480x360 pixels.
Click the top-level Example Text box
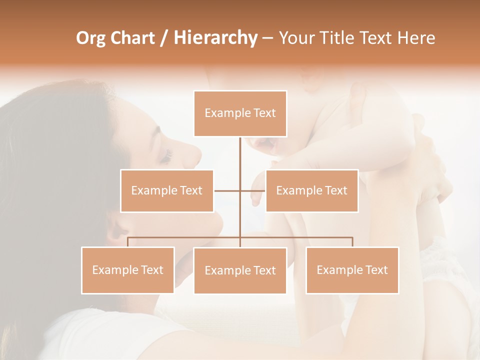coord(240,113)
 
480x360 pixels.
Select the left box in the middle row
coord(167,190)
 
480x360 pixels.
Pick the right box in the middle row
coord(311,190)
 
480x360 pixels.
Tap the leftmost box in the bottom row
coord(128,270)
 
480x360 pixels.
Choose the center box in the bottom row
coord(240,270)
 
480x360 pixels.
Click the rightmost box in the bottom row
coord(352,270)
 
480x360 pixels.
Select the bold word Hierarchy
coord(215,38)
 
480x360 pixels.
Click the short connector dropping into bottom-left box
coord(128,242)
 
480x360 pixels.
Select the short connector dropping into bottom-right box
coord(352,242)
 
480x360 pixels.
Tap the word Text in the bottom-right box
coord(376,270)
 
